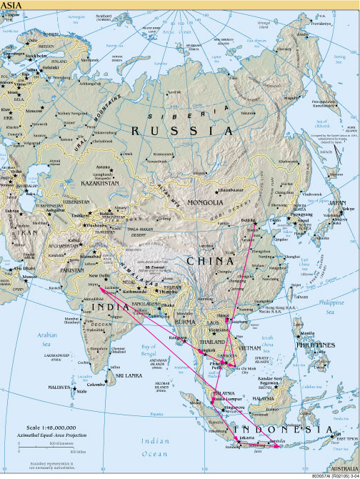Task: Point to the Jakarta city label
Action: (x=247, y=435)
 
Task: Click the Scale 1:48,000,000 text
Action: (x=44, y=429)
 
